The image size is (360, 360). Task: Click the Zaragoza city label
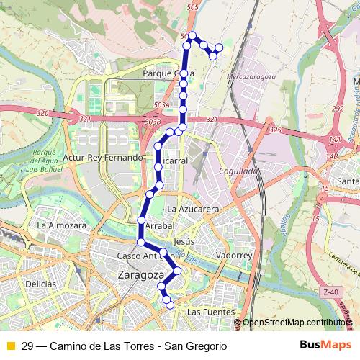140,275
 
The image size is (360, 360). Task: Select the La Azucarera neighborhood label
192,208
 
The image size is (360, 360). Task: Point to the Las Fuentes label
210,312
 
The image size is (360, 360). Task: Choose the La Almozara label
62,225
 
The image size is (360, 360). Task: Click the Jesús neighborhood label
185,242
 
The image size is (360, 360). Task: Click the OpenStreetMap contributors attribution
297,323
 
